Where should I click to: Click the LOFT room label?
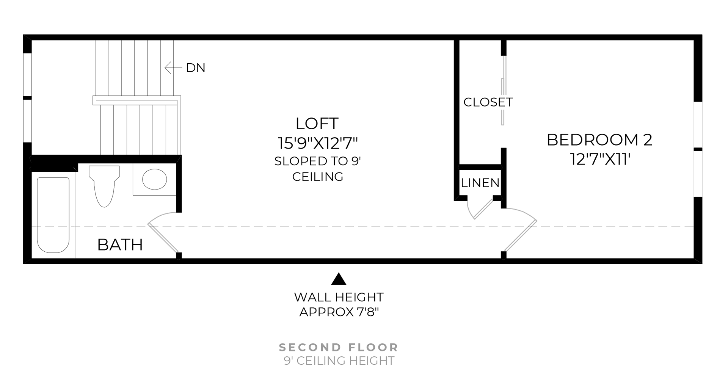click(x=317, y=124)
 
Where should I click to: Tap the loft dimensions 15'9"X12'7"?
click(x=318, y=143)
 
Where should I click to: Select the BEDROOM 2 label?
click(x=599, y=140)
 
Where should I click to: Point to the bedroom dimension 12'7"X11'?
click(x=600, y=159)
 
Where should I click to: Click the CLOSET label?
click(x=488, y=102)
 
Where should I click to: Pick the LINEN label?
click(x=480, y=183)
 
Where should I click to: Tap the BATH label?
click(x=120, y=245)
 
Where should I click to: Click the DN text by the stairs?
click(x=196, y=68)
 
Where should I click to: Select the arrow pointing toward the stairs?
click(x=173, y=68)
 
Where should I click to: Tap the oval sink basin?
click(x=154, y=179)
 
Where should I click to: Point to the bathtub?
click(x=53, y=215)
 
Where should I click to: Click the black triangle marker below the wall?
click(x=339, y=279)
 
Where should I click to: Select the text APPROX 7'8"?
click(x=339, y=312)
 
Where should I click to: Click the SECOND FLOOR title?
click(x=339, y=347)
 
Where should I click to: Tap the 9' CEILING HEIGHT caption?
click(x=339, y=361)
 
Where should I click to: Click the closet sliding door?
click(x=503, y=91)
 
